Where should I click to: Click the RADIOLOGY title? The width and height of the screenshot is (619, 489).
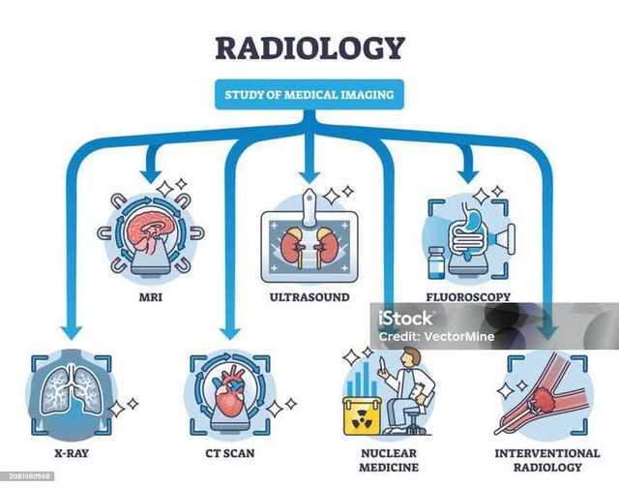point(309,47)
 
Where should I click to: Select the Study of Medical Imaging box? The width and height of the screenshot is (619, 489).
point(309,95)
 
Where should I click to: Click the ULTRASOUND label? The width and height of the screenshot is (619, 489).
point(309,297)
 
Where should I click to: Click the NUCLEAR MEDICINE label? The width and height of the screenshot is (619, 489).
point(387,460)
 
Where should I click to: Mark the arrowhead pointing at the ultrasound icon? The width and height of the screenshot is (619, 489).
point(309,174)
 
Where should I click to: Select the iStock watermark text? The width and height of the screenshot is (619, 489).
point(406,318)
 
